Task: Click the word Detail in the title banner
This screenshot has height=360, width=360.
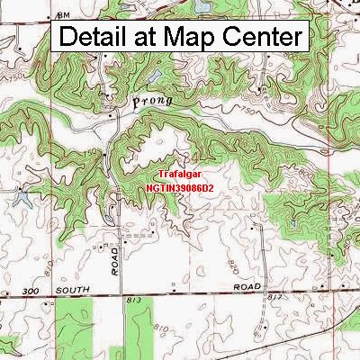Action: click(x=98, y=37)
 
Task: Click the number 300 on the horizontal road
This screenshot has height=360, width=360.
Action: click(x=33, y=293)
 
